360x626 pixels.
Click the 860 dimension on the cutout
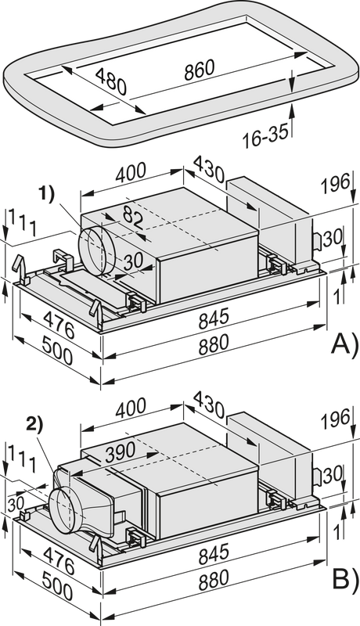[x=200, y=70]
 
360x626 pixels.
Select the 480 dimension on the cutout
[x=111, y=81]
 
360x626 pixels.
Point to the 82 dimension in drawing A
[x=133, y=218]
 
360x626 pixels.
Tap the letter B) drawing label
[x=346, y=580]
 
